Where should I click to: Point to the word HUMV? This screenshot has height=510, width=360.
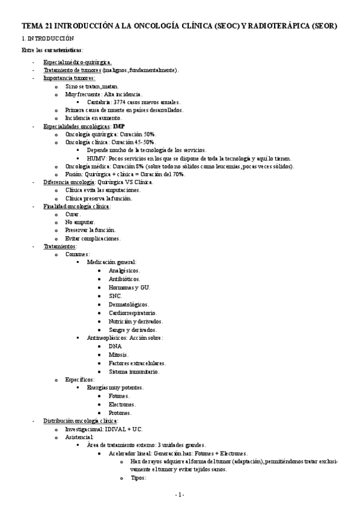click(97, 158)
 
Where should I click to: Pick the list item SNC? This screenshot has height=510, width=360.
click(115, 296)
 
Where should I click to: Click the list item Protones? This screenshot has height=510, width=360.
click(120, 413)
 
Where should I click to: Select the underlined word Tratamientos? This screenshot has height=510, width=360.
click(59, 246)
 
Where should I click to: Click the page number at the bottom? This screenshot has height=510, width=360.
click(179, 494)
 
